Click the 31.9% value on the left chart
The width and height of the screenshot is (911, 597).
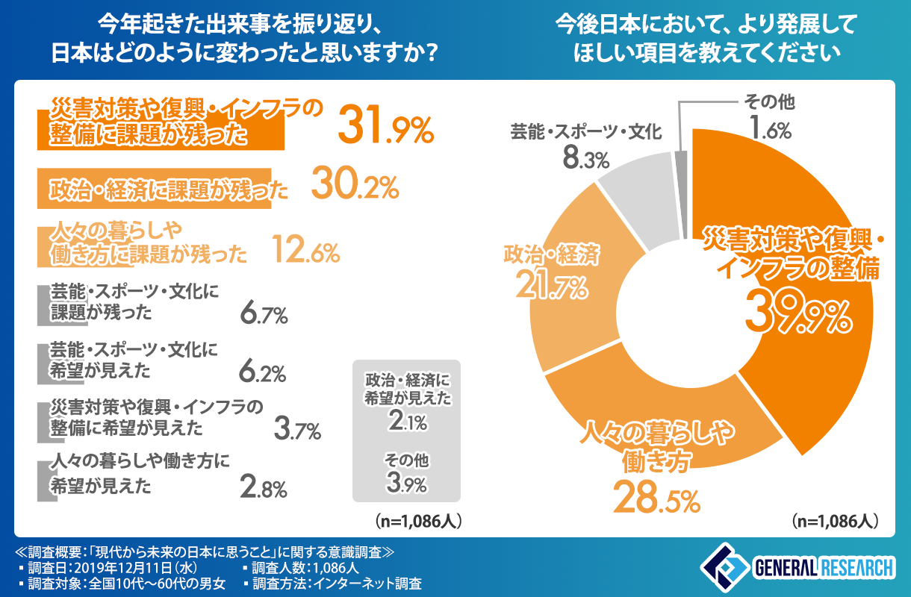pos(385,125)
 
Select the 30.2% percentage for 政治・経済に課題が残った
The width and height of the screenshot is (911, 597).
pos(354,188)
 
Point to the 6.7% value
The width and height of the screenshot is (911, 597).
pos(264,314)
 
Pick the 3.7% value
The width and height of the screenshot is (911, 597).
pos(296,429)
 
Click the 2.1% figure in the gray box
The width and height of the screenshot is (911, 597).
pos(407,422)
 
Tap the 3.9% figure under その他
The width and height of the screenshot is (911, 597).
pos(407,483)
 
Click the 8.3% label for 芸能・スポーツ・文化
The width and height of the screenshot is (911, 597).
pos(585,158)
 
